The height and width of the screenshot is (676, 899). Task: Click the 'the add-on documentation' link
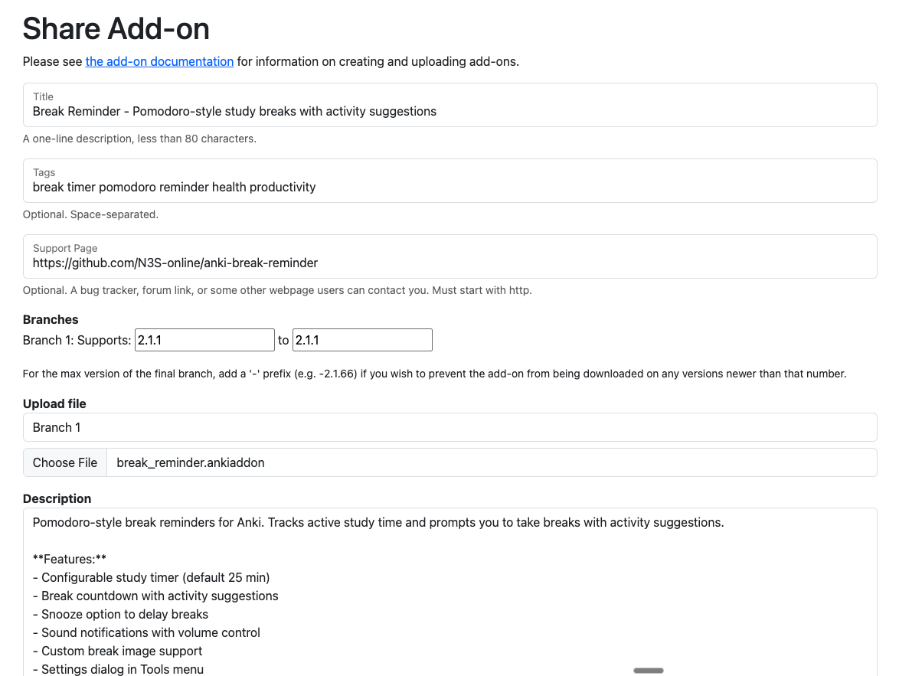(x=159, y=61)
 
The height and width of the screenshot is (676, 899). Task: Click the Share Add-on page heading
(x=116, y=29)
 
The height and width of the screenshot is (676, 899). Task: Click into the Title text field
(x=449, y=112)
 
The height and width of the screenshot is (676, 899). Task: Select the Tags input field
(x=449, y=188)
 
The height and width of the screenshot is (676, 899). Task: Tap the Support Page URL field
(x=449, y=263)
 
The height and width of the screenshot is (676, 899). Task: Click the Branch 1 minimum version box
(x=204, y=340)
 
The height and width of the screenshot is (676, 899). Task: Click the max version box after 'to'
(x=362, y=340)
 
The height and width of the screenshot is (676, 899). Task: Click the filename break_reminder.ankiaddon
(x=191, y=462)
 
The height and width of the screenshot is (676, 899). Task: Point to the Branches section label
(x=51, y=319)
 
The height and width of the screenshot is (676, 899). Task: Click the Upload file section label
(x=54, y=403)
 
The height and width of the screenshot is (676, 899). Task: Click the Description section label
(x=57, y=498)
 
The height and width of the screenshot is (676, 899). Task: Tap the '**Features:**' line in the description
(x=70, y=559)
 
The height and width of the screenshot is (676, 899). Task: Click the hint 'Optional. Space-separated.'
(x=90, y=214)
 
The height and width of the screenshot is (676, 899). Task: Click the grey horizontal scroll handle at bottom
(x=648, y=671)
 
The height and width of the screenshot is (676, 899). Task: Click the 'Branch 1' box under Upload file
(x=449, y=427)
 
